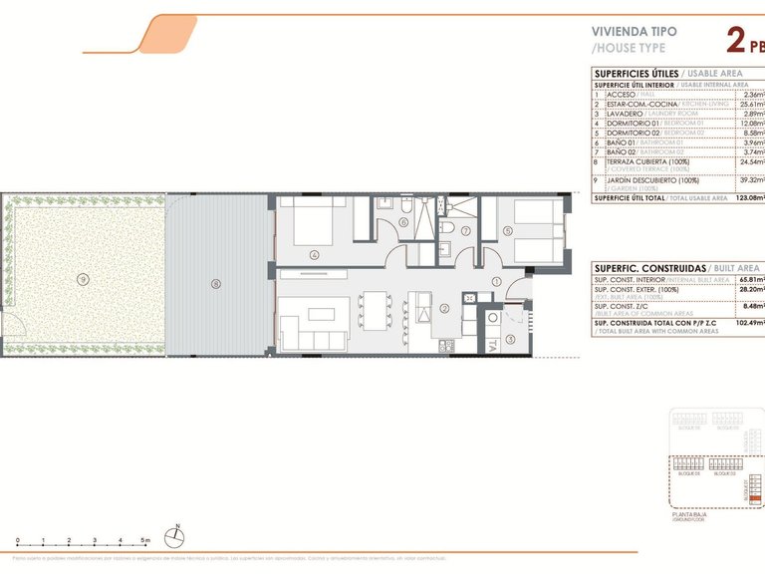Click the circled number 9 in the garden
click(83, 278)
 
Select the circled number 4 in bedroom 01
click(315, 255)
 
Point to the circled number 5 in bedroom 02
click(508, 231)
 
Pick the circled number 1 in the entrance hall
click(496, 281)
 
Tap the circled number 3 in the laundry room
click(510, 339)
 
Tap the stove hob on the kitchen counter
click(445, 345)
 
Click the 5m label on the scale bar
click(144, 539)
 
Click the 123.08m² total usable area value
click(747, 198)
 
